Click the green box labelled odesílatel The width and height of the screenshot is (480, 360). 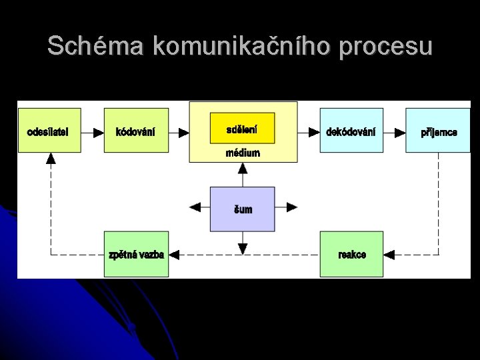pyautogui.click(x=49, y=131)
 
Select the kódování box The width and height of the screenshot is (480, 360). pyautogui.click(x=136, y=131)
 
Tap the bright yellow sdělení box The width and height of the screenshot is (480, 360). pyautogui.click(x=242, y=128)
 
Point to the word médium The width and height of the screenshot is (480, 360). pyautogui.click(x=243, y=153)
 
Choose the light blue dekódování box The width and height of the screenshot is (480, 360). pyautogui.click(x=351, y=131)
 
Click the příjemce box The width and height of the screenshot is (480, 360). pyautogui.click(x=438, y=131)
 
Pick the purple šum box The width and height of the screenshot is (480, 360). pyautogui.click(x=243, y=209)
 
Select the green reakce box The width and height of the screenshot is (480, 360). pyautogui.click(x=351, y=254)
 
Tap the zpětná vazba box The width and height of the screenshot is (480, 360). pyautogui.click(x=136, y=254)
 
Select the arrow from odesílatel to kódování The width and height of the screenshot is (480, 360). pyautogui.click(x=93, y=132)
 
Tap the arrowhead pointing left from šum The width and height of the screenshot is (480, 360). pyautogui.click(x=195, y=207)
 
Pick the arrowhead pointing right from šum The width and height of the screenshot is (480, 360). pyautogui.click(x=291, y=207)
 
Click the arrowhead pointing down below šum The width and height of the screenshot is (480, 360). pyautogui.click(x=243, y=249)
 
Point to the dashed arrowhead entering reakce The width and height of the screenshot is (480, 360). pyautogui.click(x=389, y=254)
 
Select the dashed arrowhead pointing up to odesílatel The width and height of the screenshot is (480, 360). pyautogui.click(x=51, y=159)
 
